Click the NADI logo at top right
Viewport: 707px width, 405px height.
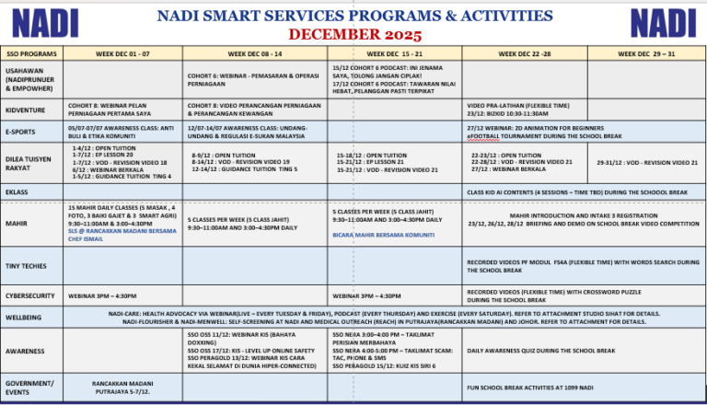[x=662, y=22]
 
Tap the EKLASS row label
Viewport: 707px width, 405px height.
[x=17, y=191]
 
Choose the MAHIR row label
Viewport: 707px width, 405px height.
[x=16, y=223]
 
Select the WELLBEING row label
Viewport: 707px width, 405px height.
[x=23, y=318]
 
